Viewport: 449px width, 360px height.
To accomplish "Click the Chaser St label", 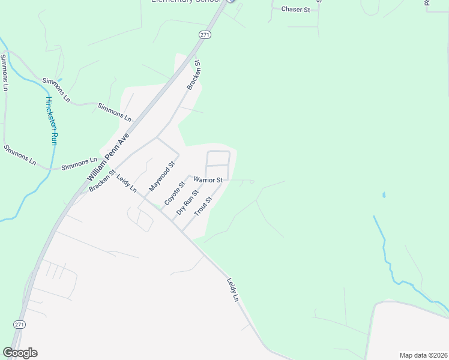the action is pos(295,10).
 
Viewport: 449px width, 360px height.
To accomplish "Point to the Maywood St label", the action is pos(161,176).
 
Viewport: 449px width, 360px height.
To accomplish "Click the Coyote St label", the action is pos(173,191).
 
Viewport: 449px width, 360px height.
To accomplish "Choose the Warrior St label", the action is pos(208,180).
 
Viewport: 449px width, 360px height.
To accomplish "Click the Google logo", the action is pos(20,353).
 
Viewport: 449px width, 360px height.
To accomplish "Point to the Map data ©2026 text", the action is pos(423,355).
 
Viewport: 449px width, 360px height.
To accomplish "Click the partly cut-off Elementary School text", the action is pos(186,2).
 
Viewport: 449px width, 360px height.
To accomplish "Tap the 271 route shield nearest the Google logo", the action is pos(20,325).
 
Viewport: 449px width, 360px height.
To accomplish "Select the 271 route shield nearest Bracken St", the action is pos(205,35).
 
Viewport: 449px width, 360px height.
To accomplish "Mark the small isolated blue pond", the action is pos(383,195).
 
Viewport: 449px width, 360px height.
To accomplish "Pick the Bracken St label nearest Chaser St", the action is pos(193,75).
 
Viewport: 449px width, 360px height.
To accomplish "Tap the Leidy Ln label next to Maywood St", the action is pos(127,184).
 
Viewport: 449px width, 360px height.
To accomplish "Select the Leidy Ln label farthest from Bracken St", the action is pos(233,289).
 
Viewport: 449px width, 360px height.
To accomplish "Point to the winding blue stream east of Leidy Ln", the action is pos(388,252).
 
